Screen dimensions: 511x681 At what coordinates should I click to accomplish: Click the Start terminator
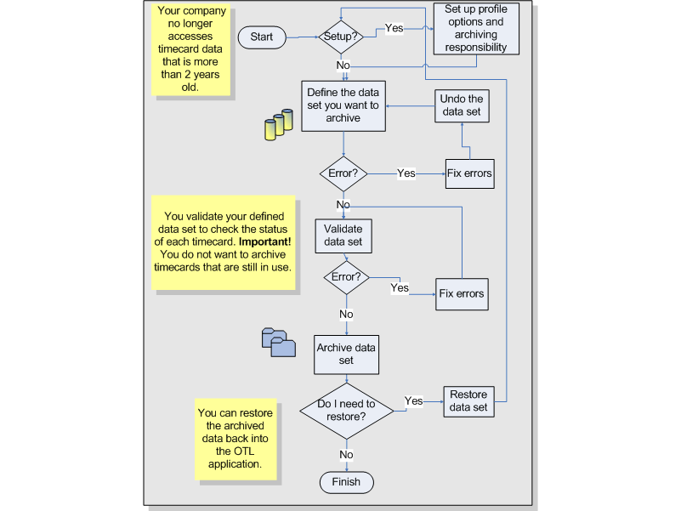tap(262, 37)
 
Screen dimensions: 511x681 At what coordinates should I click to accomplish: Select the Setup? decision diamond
tap(342, 37)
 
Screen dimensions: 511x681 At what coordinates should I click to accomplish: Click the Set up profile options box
tap(475, 29)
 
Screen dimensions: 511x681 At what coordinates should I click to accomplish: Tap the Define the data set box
tap(343, 106)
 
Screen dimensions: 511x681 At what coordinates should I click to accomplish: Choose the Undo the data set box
tap(462, 105)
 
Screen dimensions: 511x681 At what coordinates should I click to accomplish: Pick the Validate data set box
tap(343, 236)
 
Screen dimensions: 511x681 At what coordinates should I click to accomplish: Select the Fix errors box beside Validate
tap(461, 294)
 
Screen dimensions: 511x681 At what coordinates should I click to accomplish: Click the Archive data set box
tap(346, 354)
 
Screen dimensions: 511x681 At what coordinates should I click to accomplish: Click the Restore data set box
tap(468, 400)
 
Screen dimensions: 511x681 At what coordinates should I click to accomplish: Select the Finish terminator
tap(346, 482)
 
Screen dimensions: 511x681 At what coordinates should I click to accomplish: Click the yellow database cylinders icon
tap(278, 125)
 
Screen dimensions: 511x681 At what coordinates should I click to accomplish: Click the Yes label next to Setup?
tap(394, 28)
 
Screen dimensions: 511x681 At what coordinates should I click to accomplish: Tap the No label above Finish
tap(346, 455)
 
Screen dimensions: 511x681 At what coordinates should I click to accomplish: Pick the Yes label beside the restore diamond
tap(414, 400)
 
